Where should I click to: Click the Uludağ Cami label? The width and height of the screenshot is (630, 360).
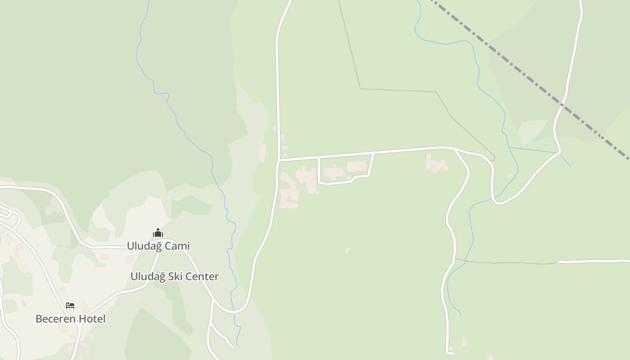(x=158, y=246)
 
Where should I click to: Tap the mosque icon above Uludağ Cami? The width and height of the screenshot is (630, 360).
(x=157, y=233)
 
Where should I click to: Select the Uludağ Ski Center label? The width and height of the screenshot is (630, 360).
(x=175, y=276)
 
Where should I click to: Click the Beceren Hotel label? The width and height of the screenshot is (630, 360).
(x=70, y=319)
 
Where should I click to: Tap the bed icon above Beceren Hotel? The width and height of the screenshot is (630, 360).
(x=70, y=306)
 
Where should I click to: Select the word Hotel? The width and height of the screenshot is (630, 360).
(x=92, y=319)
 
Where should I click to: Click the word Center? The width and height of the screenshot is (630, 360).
(x=202, y=276)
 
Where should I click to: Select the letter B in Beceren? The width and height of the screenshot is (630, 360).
(x=39, y=319)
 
